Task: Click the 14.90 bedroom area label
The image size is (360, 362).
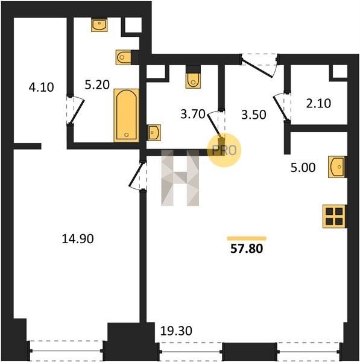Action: click(78, 239)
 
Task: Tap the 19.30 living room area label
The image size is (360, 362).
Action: click(176, 331)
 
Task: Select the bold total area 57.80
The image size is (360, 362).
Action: click(247, 249)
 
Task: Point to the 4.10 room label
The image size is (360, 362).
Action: click(42, 87)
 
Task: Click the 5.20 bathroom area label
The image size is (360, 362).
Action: click(97, 84)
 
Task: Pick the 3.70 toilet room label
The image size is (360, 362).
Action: click(193, 114)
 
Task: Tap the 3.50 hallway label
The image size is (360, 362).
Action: click(254, 115)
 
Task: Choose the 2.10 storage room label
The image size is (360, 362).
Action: click(318, 103)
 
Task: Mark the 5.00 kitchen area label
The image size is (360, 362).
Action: click(303, 168)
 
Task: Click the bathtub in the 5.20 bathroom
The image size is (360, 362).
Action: click(126, 115)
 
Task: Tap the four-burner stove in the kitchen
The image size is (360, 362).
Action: click(335, 217)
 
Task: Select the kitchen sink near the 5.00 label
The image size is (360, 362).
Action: click(337, 167)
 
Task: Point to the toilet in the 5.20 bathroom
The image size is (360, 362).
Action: click(124, 57)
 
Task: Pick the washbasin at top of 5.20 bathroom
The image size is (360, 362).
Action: click(99, 25)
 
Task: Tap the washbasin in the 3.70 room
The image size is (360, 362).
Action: click(154, 133)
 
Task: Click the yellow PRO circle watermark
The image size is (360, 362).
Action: click(224, 150)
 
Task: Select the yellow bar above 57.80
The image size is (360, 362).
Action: click(247, 238)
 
